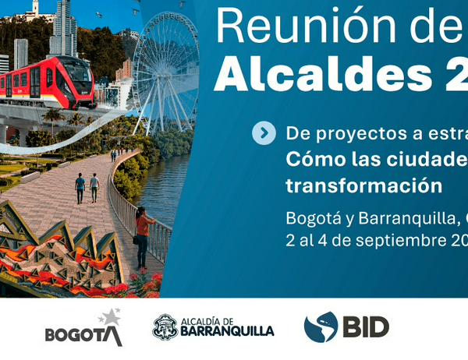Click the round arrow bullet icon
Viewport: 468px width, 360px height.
point(264,133)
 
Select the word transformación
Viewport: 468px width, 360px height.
point(363,185)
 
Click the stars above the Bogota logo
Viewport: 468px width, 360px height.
point(111,316)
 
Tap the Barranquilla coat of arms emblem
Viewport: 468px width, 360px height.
point(165,327)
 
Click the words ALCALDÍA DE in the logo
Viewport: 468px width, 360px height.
point(207,322)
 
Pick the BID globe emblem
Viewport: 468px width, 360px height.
point(321,326)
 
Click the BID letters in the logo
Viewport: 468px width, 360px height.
point(366,327)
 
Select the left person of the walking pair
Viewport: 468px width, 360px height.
point(80,189)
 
